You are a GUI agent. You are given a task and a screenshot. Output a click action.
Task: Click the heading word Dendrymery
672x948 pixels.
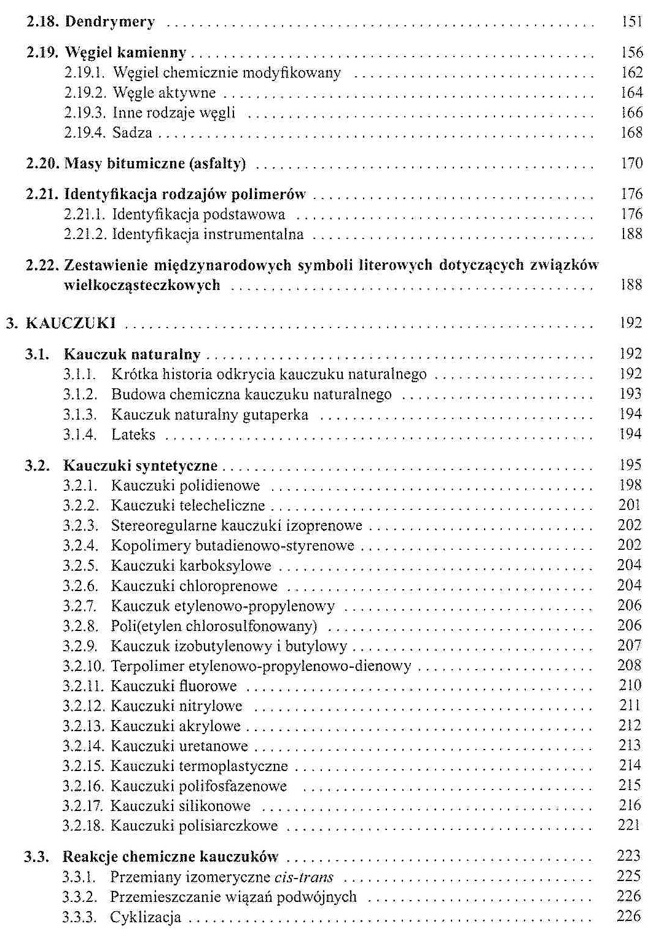pos(109,22)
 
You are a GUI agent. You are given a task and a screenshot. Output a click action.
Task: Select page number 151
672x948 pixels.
pos(631,22)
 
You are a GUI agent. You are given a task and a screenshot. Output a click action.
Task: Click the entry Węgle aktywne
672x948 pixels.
pos(165,93)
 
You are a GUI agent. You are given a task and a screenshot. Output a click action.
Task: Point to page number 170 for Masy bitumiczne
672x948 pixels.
pos(631,163)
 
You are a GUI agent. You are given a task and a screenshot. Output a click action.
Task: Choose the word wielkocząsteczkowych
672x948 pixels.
pos(142,285)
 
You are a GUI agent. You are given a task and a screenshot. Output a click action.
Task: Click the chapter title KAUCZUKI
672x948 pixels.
pos(71,323)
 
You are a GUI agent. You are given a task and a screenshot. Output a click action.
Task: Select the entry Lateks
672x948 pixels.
pos(133,434)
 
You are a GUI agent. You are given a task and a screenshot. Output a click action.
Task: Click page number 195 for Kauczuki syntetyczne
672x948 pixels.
pos(630,465)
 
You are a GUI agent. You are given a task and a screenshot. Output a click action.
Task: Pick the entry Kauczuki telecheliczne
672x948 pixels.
pos(188,506)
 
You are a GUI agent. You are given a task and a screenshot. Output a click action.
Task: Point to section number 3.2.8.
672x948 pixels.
pos(80,626)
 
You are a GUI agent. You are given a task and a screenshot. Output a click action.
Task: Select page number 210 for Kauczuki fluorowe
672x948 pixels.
pos(630,686)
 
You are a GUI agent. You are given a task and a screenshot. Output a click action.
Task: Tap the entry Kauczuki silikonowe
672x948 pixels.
pos(181,805)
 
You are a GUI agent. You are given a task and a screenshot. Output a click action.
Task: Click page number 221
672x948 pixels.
pos(630,825)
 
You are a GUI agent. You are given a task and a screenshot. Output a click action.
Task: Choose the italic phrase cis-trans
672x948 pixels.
pos(305,877)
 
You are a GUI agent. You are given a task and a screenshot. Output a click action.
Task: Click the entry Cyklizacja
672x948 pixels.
pos(146,917)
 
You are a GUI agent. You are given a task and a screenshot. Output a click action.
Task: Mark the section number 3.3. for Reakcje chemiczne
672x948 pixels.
pos(36,856)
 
